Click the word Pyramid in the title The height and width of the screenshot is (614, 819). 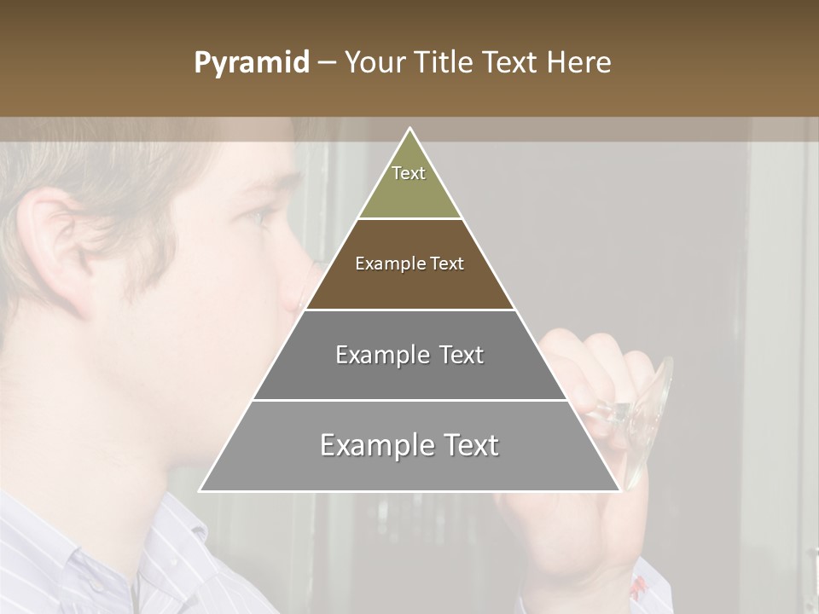tap(251, 63)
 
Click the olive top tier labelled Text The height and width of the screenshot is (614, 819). tap(409, 183)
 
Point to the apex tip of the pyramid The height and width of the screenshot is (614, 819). tap(410, 129)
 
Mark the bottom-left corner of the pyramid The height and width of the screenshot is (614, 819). tap(200, 490)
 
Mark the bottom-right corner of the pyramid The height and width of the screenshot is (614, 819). tap(619, 490)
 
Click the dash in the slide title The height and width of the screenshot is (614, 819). tap(327, 63)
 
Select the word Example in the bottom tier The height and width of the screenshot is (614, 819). tap(374, 446)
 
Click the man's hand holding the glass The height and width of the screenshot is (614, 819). tap(589, 367)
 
